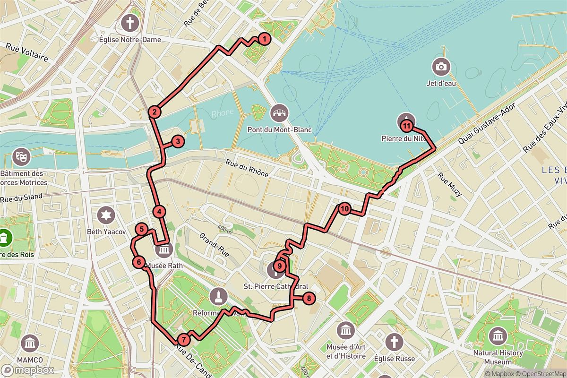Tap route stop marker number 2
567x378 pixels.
(x=154, y=112)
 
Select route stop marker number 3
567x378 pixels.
(x=177, y=141)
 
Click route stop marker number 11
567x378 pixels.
(x=407, y=125)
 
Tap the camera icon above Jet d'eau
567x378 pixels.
(x=441, y=67)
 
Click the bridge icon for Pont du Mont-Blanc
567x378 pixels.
(x=279, y=113)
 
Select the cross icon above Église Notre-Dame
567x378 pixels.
(x=129, y=22)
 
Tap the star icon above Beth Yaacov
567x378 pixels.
(x=106, y=215)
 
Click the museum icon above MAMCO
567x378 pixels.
(x=30, y=343)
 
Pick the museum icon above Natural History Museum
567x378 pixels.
(x=498, y=336)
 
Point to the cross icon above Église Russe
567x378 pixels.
(x=393, y=342)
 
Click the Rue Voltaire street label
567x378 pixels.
(x=27, y=52)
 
